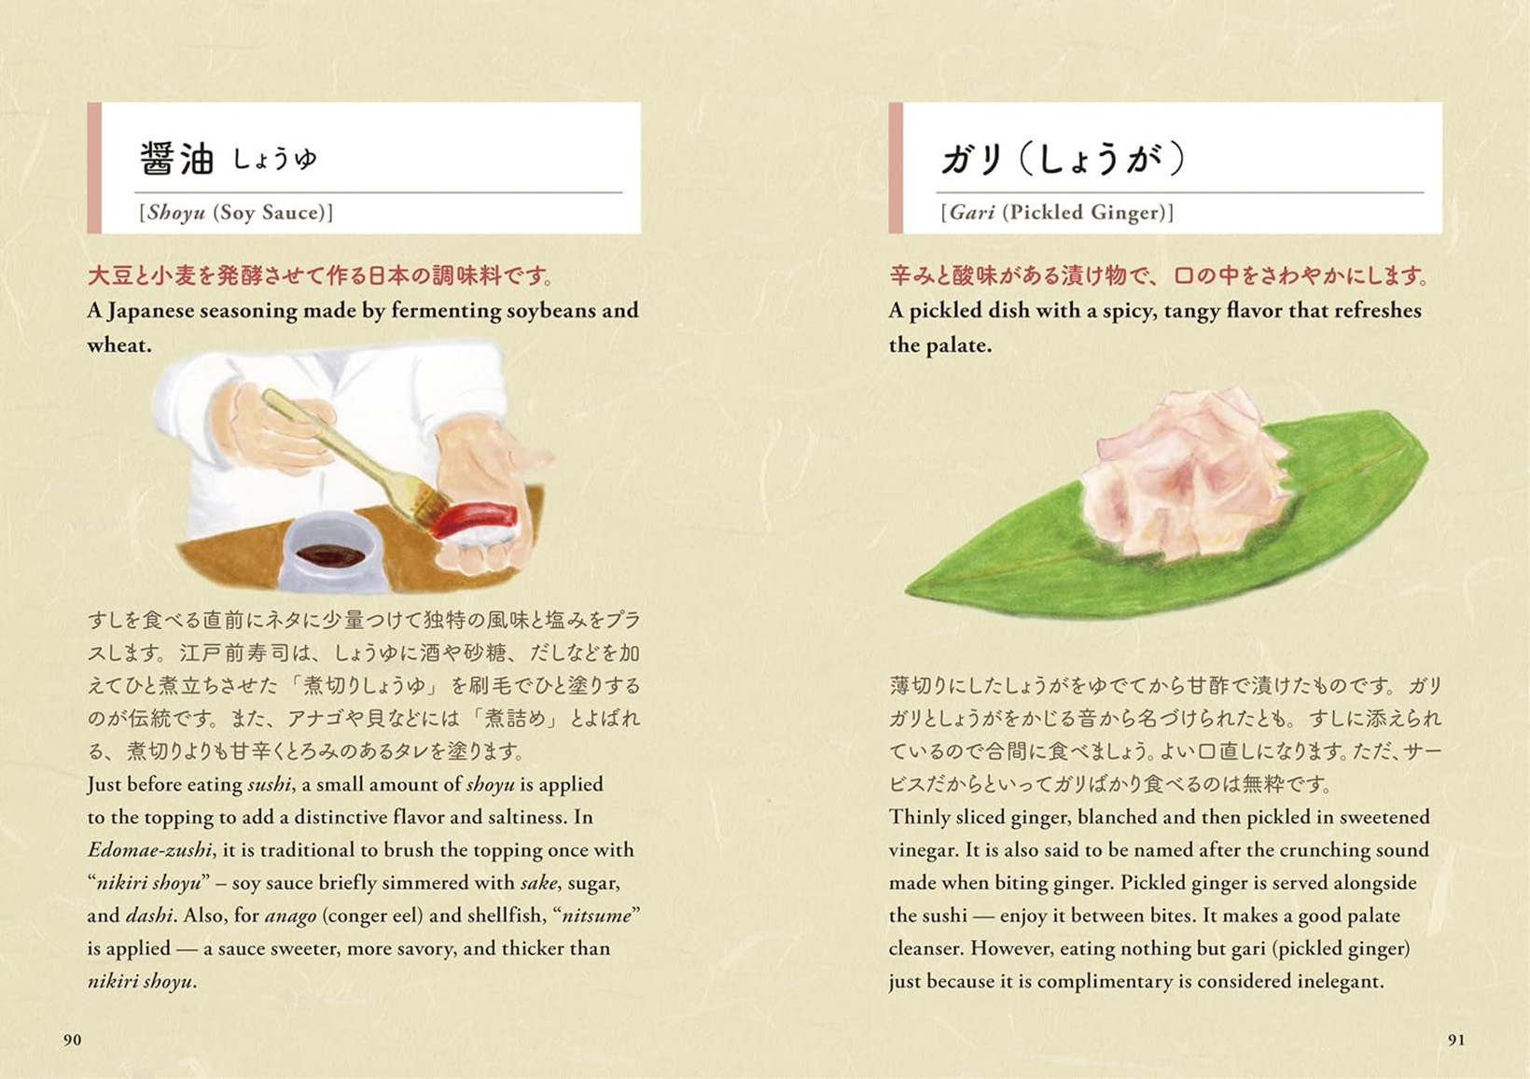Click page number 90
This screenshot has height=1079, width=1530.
[x=72, y=1040]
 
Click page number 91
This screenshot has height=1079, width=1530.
[x=1456, y=1040]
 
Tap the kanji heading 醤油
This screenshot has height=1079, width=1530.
[x=177, y=159]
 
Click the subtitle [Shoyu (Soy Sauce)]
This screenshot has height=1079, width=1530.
[x=236, y=213]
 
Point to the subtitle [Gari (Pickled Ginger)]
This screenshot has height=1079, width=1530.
[x=1057, y=213]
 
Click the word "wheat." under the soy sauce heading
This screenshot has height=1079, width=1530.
[x=119, y=345]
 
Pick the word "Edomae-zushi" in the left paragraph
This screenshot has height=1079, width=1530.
[x=150, y=850]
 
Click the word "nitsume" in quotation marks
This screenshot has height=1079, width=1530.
[x=599, y=916]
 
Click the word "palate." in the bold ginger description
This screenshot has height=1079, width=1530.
[x=959, y=345]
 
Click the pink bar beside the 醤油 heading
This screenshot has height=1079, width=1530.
[x=94, y=168]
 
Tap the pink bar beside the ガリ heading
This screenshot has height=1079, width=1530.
[x=896, y=168]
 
